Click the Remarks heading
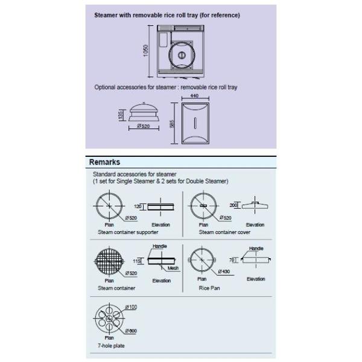pyautogui.click(x=104, y=162)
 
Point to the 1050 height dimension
pyautogui.click(x=146, y=52)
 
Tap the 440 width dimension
pyautogui.click(x=194, y=97)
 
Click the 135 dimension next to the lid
pyautogui.click(x=122, y=115)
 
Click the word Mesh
pyautogui.click(x=173, y=267)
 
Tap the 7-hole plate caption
pyautogui.click(x=112, y=346)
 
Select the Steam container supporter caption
pyautogui.click(x=128, y=232)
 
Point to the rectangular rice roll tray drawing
pyautogui.click(x=194, y=123)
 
